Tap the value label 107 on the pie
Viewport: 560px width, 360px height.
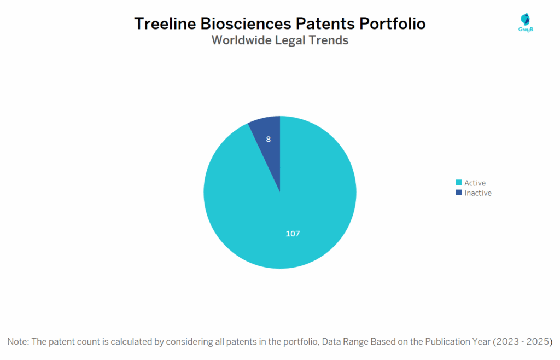[293, 234]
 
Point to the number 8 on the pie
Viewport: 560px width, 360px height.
[268, 140]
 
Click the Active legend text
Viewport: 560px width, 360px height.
[475, 183]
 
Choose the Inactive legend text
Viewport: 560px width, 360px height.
[478, 193]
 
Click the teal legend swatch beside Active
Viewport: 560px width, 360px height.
[458, 183]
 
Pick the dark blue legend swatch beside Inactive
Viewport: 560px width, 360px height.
[458, 193]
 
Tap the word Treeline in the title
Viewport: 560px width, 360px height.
[167, 24]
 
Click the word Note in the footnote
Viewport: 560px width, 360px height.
[18, 341]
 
